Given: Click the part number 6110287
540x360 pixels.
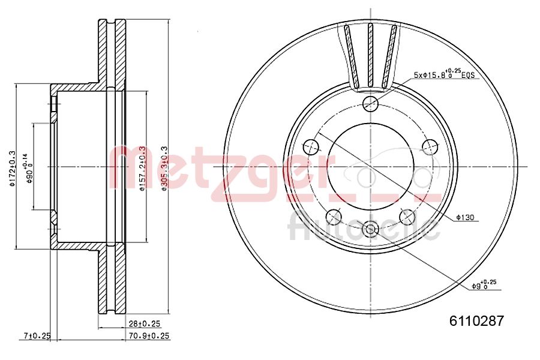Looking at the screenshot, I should (476, 320).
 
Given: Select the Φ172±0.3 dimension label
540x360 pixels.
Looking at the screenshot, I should (11, 167).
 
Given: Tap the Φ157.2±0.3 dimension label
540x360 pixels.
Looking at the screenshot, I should (142, 168).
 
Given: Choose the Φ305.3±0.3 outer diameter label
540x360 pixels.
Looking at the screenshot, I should (164, 168).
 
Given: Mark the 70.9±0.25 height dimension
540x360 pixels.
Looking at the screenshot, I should (145, 336).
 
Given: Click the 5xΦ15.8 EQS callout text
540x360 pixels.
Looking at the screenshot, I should (444, 75).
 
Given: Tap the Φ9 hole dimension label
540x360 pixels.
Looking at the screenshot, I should (484, 284).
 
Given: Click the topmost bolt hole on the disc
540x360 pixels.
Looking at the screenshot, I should (371, 103).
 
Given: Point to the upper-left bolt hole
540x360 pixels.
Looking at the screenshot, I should (311, 146).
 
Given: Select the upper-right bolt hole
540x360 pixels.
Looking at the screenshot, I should (430, 146).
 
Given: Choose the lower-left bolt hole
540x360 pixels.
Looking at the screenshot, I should (333, 216).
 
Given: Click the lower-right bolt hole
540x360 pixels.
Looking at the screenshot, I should (407, 216).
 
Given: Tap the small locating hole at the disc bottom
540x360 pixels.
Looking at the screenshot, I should (370, 227).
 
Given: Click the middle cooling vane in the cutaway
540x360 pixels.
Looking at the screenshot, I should (371, 54).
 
